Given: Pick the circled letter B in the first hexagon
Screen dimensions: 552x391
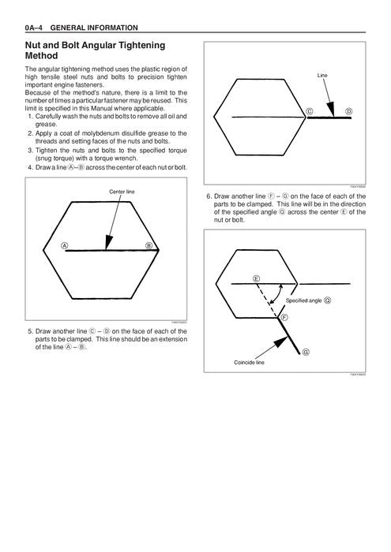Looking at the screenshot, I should point(149,245).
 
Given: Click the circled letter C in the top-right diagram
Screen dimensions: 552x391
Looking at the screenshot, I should point(310,110).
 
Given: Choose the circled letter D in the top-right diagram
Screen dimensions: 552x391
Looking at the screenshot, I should point(348,110).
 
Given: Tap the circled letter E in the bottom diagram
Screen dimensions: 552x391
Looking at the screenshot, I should point(257,279).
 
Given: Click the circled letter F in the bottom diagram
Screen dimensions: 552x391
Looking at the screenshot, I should point(284,316).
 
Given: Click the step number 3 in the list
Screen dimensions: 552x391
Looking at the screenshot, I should point(30,148).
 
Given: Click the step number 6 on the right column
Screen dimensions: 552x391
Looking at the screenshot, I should point(209,196).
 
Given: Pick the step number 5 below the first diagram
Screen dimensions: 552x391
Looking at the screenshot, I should point(30,331).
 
